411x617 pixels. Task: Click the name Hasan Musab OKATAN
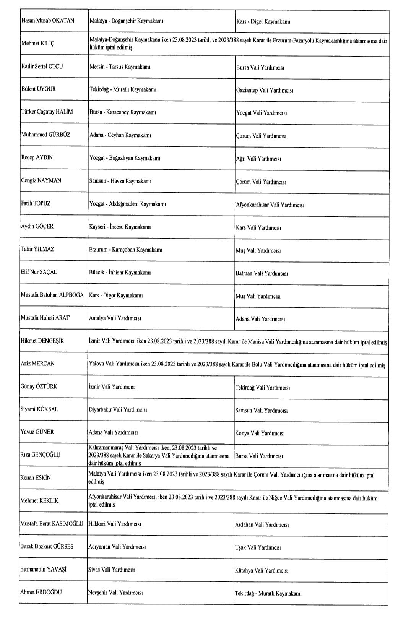pos(48,21)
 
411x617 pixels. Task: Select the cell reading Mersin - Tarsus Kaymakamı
pos(120,67)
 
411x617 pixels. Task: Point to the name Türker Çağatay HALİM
pos(47,112)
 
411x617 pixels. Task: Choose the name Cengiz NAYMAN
pos(41,180)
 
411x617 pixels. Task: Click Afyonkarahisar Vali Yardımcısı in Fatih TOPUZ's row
pos(270,205)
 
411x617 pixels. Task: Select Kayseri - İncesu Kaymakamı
pos(120,227)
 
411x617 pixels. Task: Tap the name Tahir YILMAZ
pos(37,249)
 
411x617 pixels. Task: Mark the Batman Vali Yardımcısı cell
pos(262,273)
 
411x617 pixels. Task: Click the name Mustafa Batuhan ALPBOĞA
pos(52,295)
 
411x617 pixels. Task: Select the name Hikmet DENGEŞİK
pos(42,341)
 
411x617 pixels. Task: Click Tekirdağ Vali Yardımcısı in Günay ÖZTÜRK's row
pos(262,388)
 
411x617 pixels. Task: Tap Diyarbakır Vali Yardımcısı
pos(118,409)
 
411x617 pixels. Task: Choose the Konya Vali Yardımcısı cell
pos(260,433)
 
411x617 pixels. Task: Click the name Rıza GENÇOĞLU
pos(40,455)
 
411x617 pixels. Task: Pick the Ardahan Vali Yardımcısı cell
pos(262,525)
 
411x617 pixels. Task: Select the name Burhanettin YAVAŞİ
pos(43,569)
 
